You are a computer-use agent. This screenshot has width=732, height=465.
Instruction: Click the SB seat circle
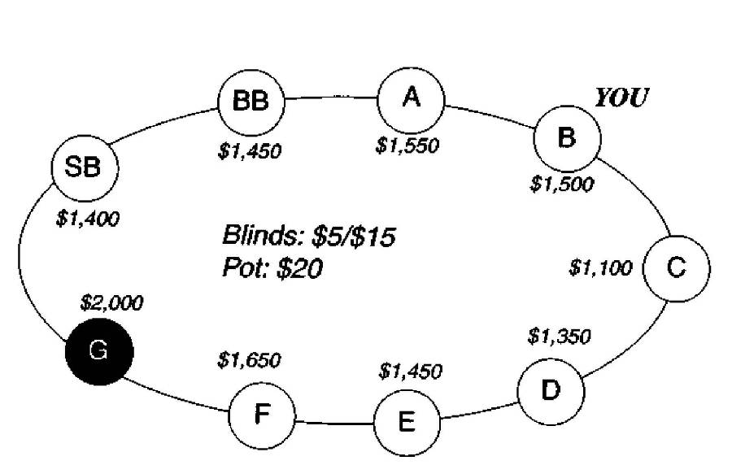click(85, 168)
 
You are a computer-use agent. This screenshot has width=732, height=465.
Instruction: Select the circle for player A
click(412, 98)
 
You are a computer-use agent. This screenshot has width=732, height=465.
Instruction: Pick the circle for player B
click(567, 137)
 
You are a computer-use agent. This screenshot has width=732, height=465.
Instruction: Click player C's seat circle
click(676, 267)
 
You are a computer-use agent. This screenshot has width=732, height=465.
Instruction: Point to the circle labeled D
click(551, 390)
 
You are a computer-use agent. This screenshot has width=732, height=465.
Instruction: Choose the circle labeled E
click(407, 422)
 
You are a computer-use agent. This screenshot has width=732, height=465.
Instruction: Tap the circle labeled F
click(261, 414)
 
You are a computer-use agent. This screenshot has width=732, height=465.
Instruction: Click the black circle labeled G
click(100, 351)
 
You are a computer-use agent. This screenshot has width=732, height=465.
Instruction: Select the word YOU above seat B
click(621, 99)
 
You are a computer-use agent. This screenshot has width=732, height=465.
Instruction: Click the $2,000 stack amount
click(112, 304)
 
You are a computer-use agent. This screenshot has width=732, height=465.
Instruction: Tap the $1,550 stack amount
click(407, 146)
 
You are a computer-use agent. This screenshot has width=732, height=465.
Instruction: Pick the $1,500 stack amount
click(562, 185)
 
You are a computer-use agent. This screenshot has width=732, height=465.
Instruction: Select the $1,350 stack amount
click(559, 335)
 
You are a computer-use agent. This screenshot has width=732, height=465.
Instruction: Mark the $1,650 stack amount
click(249, 359)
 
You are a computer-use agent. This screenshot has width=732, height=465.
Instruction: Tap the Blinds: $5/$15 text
click(309, 237)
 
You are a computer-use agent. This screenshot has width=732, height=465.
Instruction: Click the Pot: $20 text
click(272, 267)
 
